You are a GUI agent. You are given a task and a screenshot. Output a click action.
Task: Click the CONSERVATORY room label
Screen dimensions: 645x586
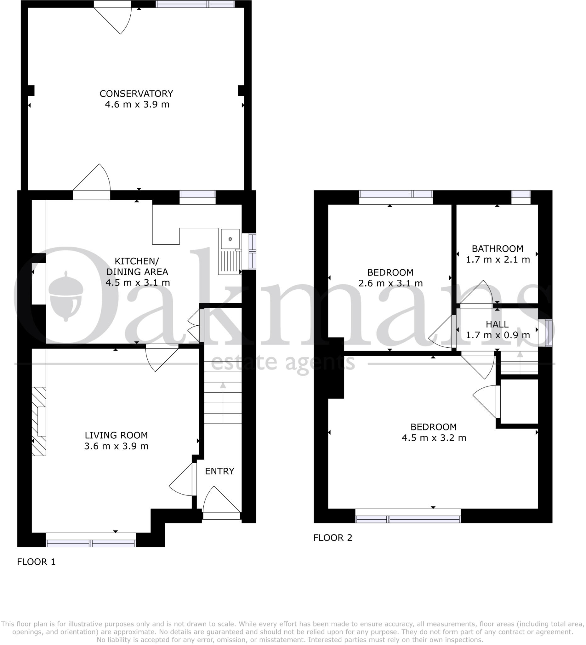tap(136, 94)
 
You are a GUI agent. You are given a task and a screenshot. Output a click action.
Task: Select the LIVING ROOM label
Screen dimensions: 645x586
tap(116, 435)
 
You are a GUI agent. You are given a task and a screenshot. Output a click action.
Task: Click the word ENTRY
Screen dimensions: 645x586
tap(219, 471)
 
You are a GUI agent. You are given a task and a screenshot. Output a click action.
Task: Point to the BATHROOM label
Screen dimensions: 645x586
tap(498, 248)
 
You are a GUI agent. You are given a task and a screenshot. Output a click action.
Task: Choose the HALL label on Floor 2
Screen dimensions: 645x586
tap(497, 324)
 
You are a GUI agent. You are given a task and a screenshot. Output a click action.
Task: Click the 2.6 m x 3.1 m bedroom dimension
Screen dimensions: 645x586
tap(390, 283)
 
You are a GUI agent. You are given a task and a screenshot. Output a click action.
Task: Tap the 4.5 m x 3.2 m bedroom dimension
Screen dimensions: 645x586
tap(434, 438)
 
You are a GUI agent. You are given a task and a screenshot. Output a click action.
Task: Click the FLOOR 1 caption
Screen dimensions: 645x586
tap(36, 562)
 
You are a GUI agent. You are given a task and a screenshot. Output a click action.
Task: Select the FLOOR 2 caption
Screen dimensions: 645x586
tap(333, 538)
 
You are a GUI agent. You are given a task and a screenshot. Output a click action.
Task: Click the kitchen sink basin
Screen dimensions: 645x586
tap(230, 239)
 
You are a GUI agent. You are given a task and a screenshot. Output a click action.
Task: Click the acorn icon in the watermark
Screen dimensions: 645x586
tap(66, 296)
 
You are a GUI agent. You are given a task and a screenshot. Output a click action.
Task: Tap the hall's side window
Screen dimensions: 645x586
tap(548, 333)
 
